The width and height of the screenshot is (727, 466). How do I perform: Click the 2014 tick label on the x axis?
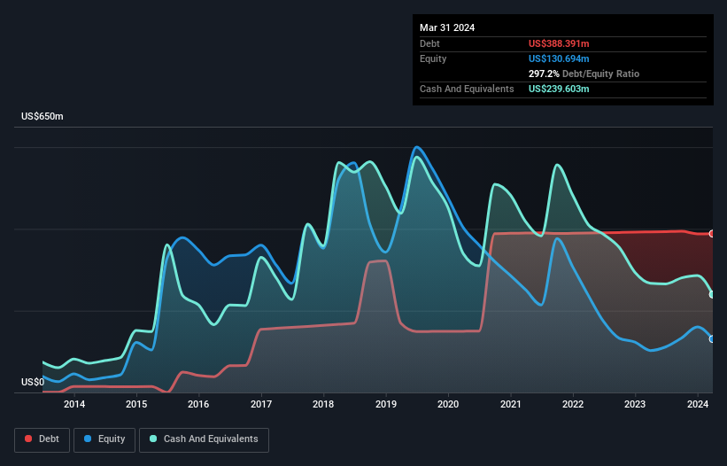point(74,405)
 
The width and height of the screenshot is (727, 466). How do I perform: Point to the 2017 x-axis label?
point(261,405)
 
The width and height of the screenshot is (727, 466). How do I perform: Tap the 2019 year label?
point(386,405)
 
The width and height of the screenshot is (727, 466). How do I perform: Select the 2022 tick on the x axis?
point(573,405)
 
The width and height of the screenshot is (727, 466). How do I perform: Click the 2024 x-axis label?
point(698,405)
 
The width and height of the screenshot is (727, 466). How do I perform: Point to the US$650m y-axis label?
point(43,117)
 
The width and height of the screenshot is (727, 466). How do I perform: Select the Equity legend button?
point(104,439)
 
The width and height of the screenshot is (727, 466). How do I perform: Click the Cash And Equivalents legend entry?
point(203,439)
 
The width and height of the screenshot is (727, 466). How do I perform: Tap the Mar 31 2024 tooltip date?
point(447,27)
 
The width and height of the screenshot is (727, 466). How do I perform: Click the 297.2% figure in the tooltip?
point(544,74)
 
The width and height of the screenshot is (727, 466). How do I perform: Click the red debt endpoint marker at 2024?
point(712,234)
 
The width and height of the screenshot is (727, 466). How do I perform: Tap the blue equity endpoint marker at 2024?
point(712,338)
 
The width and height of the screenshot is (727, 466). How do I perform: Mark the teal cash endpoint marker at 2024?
point(712,294)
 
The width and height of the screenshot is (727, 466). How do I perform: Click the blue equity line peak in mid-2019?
point(416,147)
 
